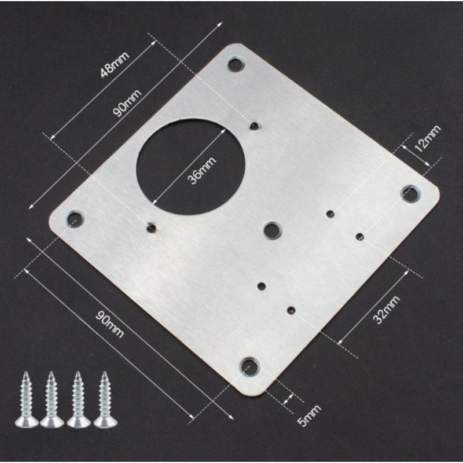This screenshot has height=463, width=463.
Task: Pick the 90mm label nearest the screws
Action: coord(112,325)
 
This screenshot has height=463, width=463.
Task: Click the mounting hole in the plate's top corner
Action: coord(234,64)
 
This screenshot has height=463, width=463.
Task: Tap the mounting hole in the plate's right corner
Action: coord(410,193)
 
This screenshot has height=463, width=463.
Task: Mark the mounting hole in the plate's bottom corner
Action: coord(249,366)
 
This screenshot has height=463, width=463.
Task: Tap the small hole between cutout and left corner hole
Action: coord(152,227)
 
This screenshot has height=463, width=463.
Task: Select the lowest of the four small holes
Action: coord(291,310)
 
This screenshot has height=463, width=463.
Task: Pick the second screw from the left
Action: coord(51,399)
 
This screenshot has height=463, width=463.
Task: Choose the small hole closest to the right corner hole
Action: coord(359,236)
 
